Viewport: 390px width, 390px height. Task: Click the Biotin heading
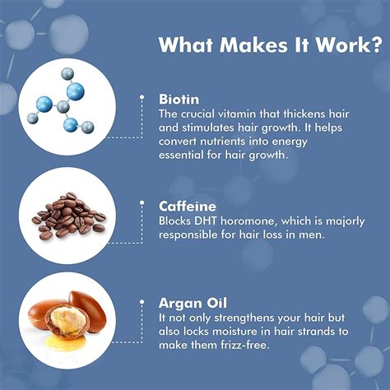179,99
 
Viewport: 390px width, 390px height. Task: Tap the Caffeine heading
188,206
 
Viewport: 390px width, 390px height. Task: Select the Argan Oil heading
193,304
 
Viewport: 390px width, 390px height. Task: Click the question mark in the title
375,44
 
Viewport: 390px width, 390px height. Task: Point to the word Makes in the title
253,44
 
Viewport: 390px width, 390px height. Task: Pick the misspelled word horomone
248,221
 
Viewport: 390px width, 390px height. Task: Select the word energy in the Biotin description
290,142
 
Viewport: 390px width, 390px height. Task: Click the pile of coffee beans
68,216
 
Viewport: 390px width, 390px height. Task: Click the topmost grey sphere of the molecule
67,74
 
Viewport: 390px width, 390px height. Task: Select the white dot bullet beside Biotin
142,97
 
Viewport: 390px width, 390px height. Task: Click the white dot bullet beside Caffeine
142,203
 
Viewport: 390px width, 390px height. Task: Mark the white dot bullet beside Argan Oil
142,302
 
